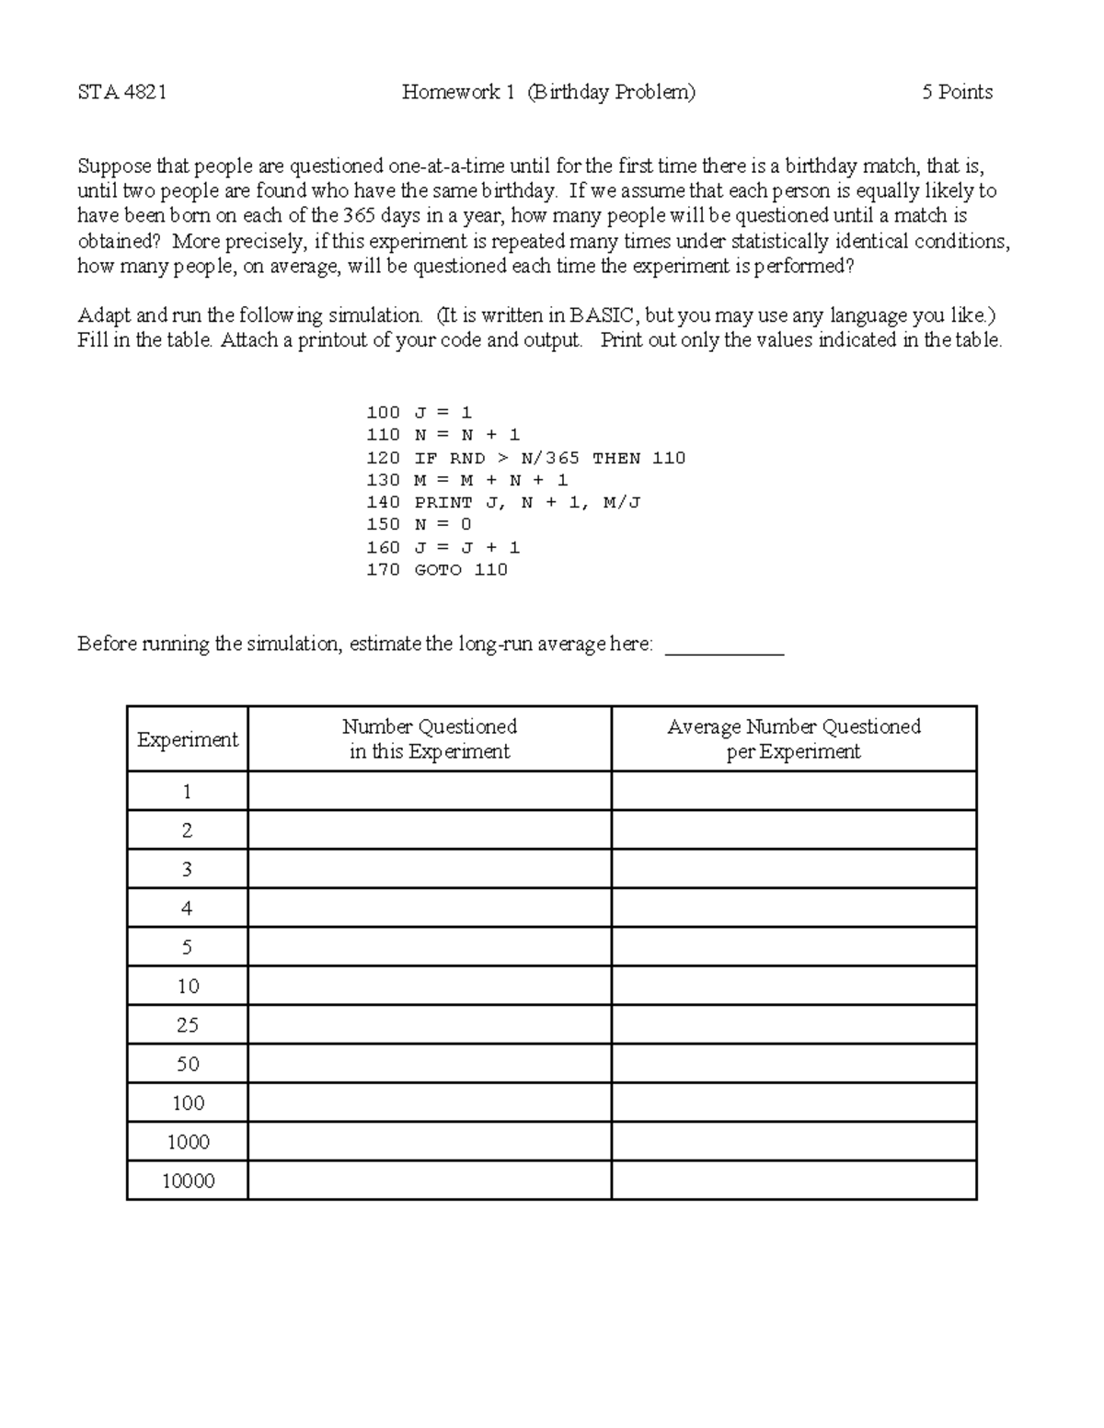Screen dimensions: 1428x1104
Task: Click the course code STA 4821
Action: (121, 92)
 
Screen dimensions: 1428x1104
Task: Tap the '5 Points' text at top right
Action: (957, 92)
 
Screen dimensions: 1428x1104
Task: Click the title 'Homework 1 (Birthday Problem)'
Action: (548, 92)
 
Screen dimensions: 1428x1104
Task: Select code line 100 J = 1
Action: (419, 413)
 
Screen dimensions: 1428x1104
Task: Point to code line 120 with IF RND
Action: (525, 458)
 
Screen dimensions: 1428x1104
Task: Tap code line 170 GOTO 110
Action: (437, 569)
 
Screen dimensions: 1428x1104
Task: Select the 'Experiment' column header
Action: (188, 739)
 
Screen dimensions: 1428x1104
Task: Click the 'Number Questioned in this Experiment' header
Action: (430, 738)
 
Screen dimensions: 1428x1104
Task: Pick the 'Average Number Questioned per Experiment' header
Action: (793, 738)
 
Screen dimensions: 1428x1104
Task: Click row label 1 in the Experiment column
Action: (188, 792)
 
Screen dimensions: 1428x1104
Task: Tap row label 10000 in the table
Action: (188, 1181)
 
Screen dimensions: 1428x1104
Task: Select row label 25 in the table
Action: (188, 1025)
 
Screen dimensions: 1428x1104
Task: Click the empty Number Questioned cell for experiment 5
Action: (430, 947)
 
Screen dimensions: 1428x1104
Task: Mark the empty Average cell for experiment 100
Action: (793, 1102)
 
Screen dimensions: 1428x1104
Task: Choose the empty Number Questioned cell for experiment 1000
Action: (430, 1142)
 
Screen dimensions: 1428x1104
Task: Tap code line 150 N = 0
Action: (419, 524)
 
